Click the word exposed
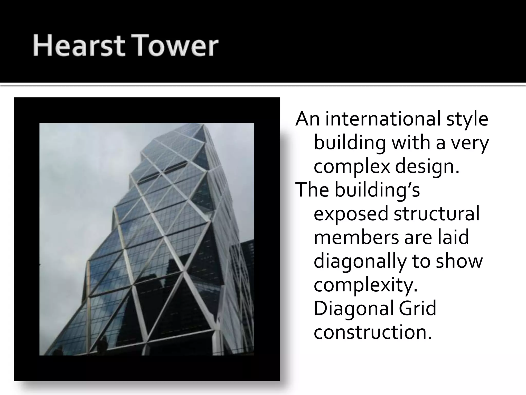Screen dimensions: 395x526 pyautogui.click(x=351, y=214)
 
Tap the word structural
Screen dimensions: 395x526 pyautogui.click(x=437, y=214)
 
